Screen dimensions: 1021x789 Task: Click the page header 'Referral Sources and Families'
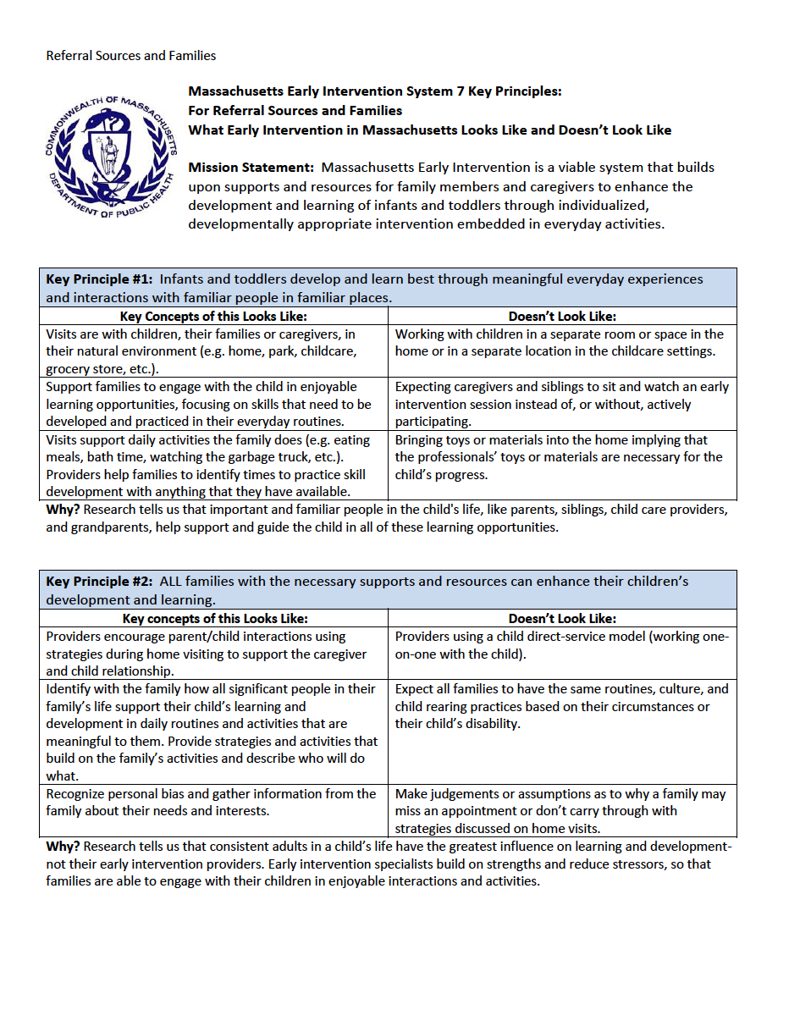pos(130,56)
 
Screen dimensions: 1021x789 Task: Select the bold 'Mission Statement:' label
pos(251,168)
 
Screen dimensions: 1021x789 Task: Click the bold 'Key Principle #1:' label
pos(99,279)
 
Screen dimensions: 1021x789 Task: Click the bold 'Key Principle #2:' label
pos(99,582)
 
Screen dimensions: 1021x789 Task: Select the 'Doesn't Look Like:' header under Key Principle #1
pos(562,317)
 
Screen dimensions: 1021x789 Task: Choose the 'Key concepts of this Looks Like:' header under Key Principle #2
pos(215,619)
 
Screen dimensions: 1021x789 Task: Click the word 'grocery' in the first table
pos(70,369)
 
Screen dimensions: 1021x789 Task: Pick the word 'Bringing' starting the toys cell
pos(421,440)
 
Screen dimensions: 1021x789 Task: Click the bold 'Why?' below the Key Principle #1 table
pos(63,510)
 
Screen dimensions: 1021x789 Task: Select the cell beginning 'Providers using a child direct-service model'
pos(561,645)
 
